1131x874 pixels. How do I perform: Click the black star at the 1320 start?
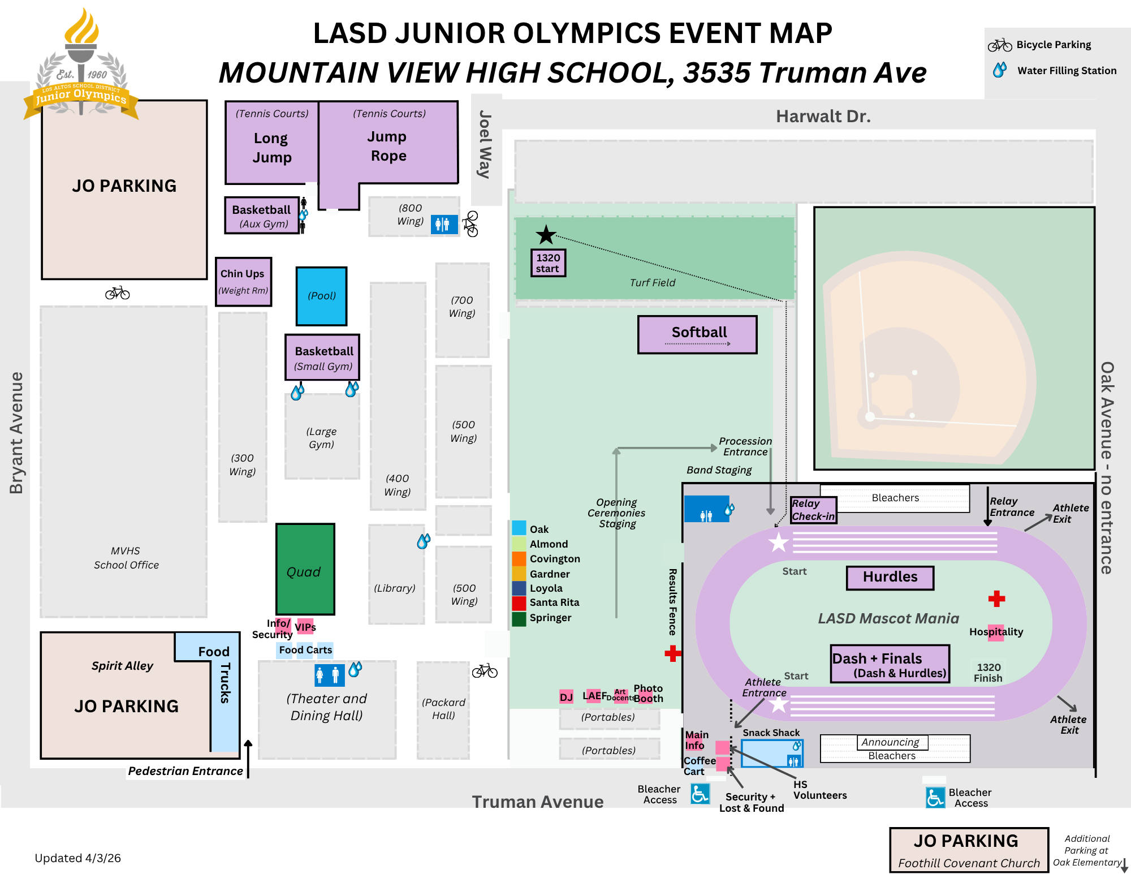click(546, 235)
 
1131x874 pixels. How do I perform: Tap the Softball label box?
click(697, 334)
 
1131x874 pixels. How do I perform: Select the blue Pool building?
click(321, 296)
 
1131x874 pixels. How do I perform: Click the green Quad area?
click(305, 569)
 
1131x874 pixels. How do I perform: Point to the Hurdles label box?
click(890, 578)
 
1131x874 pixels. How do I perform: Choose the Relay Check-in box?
click(813, 510)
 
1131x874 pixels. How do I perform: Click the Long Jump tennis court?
click(272, 143)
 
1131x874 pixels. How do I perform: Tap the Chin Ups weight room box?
click(243, 282)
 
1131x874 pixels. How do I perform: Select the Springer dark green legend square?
click(519, 618)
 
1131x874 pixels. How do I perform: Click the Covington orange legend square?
click(519, 559)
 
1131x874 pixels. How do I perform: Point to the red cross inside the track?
click(996, 599)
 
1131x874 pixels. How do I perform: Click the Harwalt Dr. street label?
click(823, 117)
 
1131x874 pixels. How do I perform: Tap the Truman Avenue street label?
click(538, 802)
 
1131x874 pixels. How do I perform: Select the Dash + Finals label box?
click(890, 664)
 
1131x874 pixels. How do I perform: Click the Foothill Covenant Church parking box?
click(969, 850)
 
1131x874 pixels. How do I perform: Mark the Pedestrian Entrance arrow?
click(248, 758)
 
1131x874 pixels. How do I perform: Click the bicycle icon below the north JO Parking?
click(118, 293)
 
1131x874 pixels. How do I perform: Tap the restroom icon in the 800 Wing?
click(443, 224)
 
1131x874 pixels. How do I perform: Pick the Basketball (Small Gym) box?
click(323, 358)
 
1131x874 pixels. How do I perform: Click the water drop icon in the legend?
click(1000, 70)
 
